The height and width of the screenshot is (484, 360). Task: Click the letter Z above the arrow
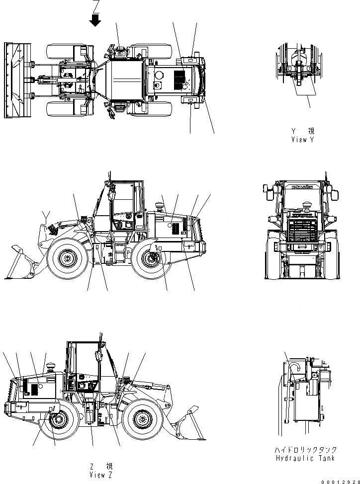pyautogui.click(x=96, y=5)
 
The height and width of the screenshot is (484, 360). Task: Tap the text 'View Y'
pyautogui.click(x=303, y=140)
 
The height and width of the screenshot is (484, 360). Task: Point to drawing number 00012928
pyautogui.click(x=340, y=481)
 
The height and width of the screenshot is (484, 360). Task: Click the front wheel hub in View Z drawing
pyautogui.click(x=141, y=421)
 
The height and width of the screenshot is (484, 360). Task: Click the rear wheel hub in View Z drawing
pyautogui.click(x=58, y=420)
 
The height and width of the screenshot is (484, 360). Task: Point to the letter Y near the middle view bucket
pyautogui.click(x=46, y=215)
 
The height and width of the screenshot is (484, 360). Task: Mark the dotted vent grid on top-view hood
pyautogui.click(x=179, y=79)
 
